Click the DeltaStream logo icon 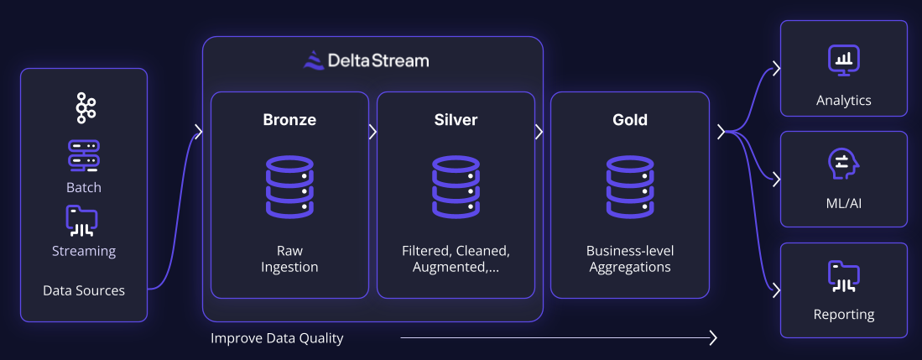(x=313, y=60)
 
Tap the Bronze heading (x=289, y=120)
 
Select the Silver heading (x=456, y=120)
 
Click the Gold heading (x=630, y=120)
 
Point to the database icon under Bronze (x=289, y=186)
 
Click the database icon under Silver (x=456, y=186)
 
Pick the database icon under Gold (x=630, y=186)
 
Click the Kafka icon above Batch (x=85, y=108)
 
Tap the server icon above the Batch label (x=84, y=156)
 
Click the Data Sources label (x=84, y=291)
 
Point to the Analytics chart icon (x=844, y=60)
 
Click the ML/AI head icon (x=843, y=165)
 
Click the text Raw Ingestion (x=289, y=259)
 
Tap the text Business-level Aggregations (x=630, y=259)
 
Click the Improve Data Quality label (x=277, y=339)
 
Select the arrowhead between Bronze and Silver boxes (x=372, y=132)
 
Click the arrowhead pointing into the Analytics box (x=777, y=67)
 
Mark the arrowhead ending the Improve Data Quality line (x=713, y=338)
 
